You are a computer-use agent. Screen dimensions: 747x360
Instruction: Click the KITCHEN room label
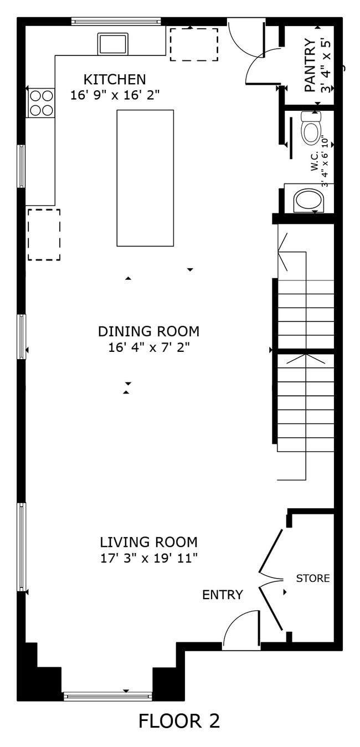115,79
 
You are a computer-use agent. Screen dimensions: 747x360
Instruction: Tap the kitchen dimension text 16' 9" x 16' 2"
115,95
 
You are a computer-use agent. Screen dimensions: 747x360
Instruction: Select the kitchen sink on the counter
113,44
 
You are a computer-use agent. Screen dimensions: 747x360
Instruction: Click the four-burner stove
42,103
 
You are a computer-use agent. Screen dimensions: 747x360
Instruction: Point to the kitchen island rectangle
145,178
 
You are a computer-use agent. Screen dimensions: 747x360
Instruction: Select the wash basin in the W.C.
308,200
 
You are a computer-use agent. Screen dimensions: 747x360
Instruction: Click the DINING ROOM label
148,331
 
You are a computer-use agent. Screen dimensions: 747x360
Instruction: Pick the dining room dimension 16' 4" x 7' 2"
148,347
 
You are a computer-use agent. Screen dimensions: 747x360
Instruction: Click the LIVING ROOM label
148,542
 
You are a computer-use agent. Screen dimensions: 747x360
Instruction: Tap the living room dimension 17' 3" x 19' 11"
148,558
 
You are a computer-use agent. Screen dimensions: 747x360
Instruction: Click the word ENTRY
222,595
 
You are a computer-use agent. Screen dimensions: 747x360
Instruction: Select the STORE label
313,579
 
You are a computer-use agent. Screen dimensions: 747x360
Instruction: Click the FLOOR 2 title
179,721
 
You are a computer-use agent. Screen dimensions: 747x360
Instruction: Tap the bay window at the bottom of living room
108,696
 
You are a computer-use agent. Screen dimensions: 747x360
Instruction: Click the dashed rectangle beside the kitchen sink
193,44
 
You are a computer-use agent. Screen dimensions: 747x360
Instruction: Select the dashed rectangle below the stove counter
44,234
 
